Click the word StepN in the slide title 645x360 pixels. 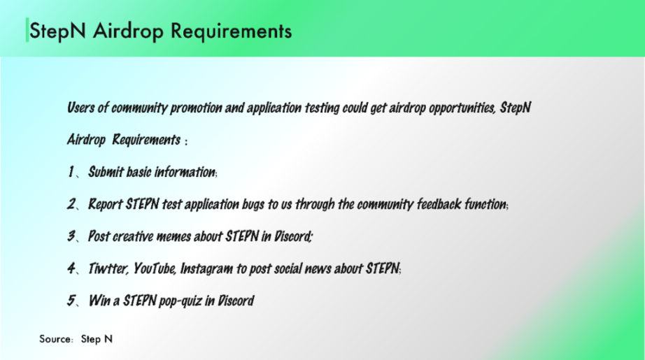[x=57, y=31]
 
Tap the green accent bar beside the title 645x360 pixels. [x=27, y=30]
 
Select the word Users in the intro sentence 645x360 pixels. [x=80, y=108]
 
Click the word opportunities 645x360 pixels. [x=462, y=108]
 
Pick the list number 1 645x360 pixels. [x=71, y=172]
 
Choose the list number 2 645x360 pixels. [x=72, y=204]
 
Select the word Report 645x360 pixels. [x=106, y=204]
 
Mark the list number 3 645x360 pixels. [x=72, y=236]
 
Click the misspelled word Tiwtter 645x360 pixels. [x=109, y=268]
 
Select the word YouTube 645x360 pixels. [x=155, y=268]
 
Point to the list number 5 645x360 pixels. [x=72, y=301]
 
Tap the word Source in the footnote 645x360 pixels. [x=55, y=339]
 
